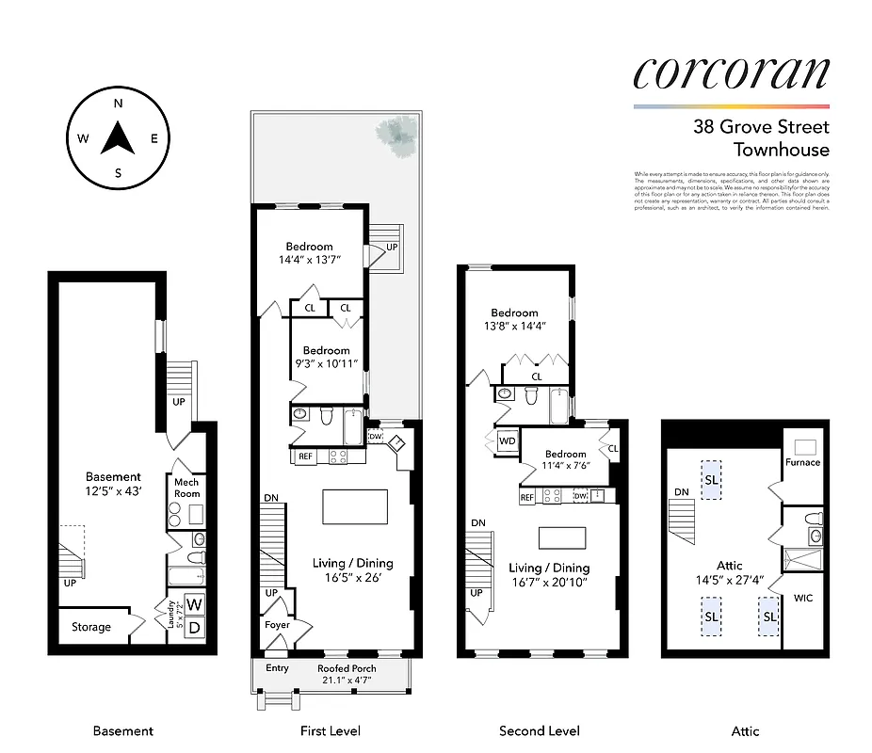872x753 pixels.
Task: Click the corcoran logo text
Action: [x=731, y=73]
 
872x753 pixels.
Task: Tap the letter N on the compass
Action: [x=119, y=104]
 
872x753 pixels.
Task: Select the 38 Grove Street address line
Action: [x=761, y=127]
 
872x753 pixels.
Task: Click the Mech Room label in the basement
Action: [x=186, y=488]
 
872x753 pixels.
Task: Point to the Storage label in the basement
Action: [x=91, y=627]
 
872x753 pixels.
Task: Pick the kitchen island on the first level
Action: [x=354, y=506]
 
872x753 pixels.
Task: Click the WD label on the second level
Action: [x=507, y=441]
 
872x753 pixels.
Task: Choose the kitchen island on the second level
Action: [x=563, y=537]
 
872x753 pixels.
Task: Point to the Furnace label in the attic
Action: [x=802, y=462]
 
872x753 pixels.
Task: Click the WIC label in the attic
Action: [x=802, y=598]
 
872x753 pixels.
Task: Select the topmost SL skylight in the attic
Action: [x=710, y=479]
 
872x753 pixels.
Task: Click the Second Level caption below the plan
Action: [x=539, y=730]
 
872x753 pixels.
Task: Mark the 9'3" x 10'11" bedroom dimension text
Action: [x=326, y=363]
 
